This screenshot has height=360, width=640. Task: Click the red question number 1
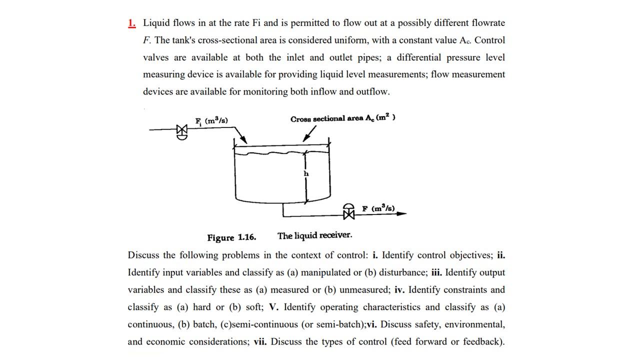coord(132,23)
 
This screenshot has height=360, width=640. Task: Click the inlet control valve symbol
coord(182,131)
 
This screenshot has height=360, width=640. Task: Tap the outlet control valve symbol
coord(348,212)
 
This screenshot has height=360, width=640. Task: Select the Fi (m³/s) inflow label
coord(211,120)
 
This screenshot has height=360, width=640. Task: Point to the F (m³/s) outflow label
coord(378,208)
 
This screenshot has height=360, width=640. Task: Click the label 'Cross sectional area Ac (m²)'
coord(342,118)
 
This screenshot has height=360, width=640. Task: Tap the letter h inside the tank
coord(306,173)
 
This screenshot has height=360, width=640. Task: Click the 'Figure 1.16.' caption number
coord(231,237)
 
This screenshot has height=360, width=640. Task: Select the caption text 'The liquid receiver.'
coord(314,235)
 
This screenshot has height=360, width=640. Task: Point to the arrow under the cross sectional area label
coord(309,133)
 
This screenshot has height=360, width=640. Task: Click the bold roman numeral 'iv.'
coord(399,290)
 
